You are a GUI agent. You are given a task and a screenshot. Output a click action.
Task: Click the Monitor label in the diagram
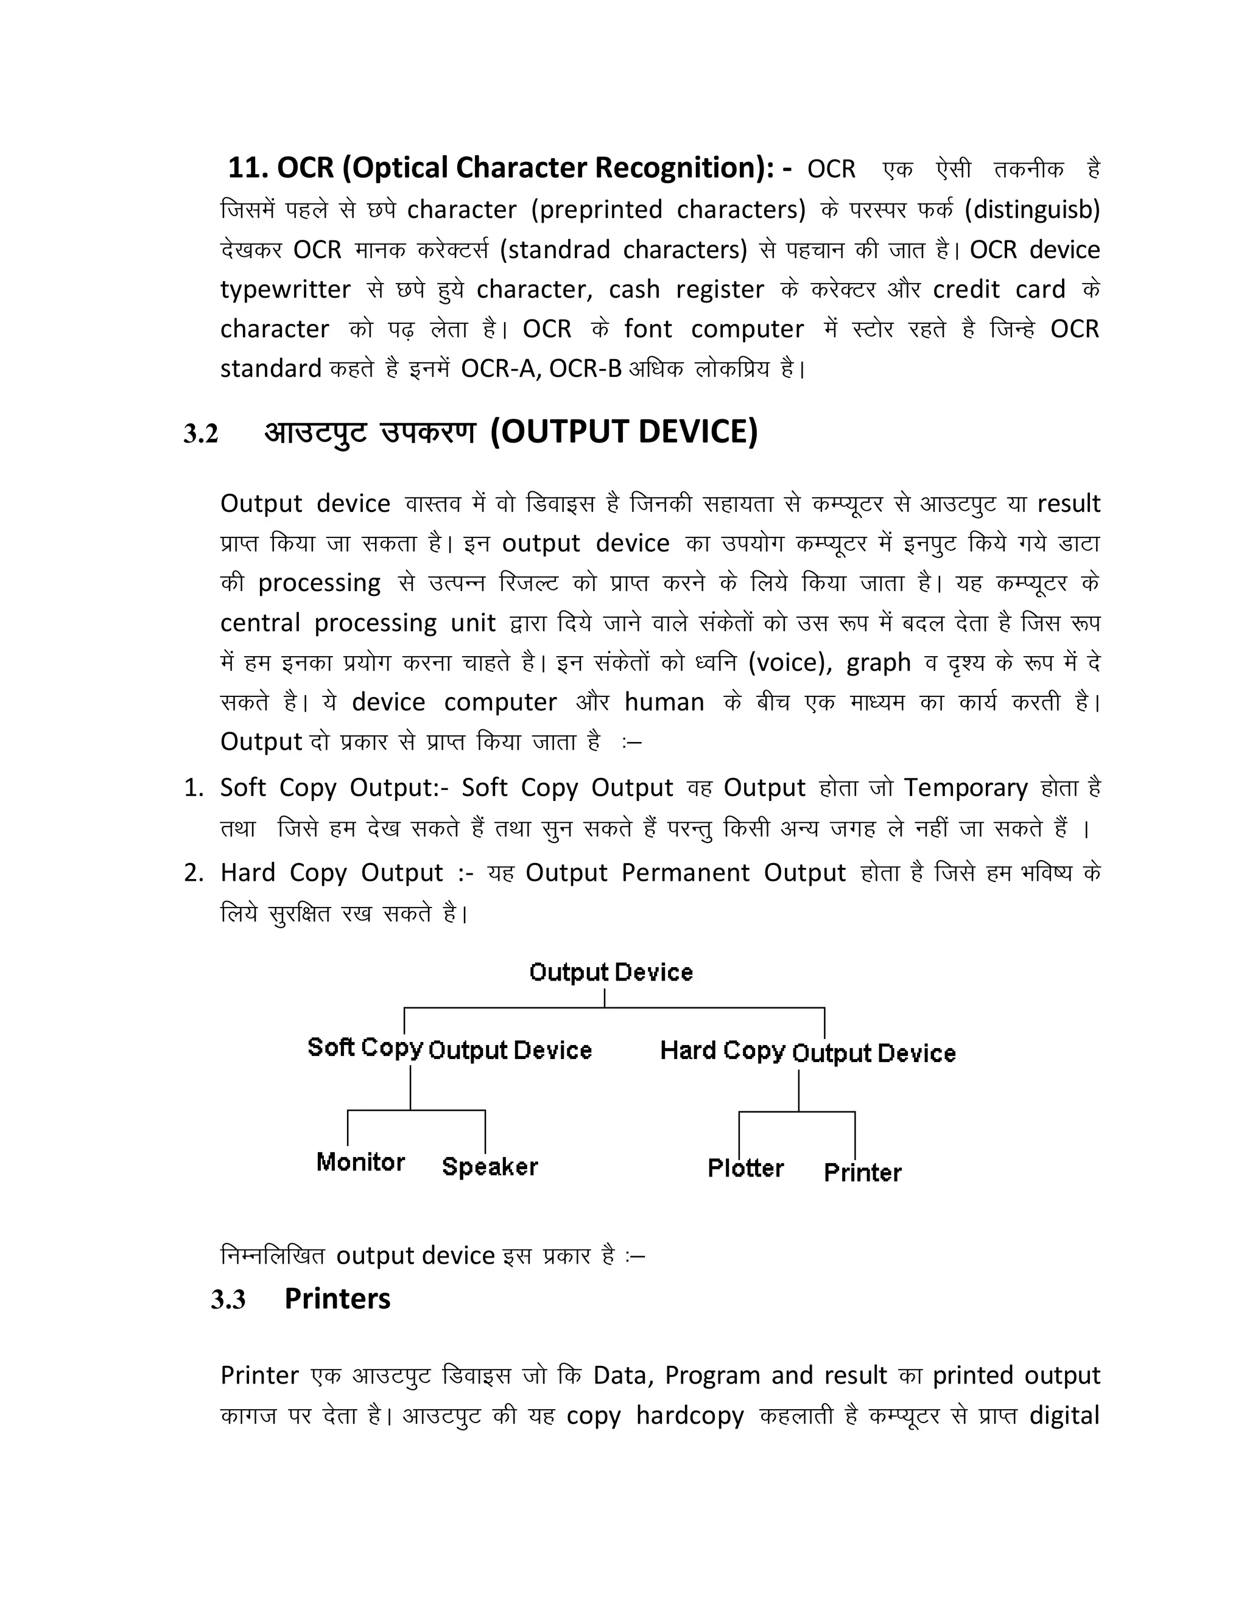[360, 1162]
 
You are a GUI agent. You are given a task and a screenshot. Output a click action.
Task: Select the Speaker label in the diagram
[490, 1167]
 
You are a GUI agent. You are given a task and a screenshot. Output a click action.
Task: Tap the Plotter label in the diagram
[745, 1169]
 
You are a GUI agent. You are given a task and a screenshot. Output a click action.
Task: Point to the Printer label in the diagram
[862, 1173]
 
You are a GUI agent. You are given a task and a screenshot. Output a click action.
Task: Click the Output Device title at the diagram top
[611, 972]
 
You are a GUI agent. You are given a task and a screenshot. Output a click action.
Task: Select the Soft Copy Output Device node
[449, 1049]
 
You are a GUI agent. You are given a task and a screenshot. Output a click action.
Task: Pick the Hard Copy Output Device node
[807, 1052]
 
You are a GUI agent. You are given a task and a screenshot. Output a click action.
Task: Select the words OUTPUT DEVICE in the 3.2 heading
[624, 432]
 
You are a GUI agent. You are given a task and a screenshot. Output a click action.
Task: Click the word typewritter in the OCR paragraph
[285, 290]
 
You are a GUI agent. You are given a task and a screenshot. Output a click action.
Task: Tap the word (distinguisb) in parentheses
[1032, 210]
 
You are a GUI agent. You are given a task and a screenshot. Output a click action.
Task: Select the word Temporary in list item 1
[966, 788]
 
